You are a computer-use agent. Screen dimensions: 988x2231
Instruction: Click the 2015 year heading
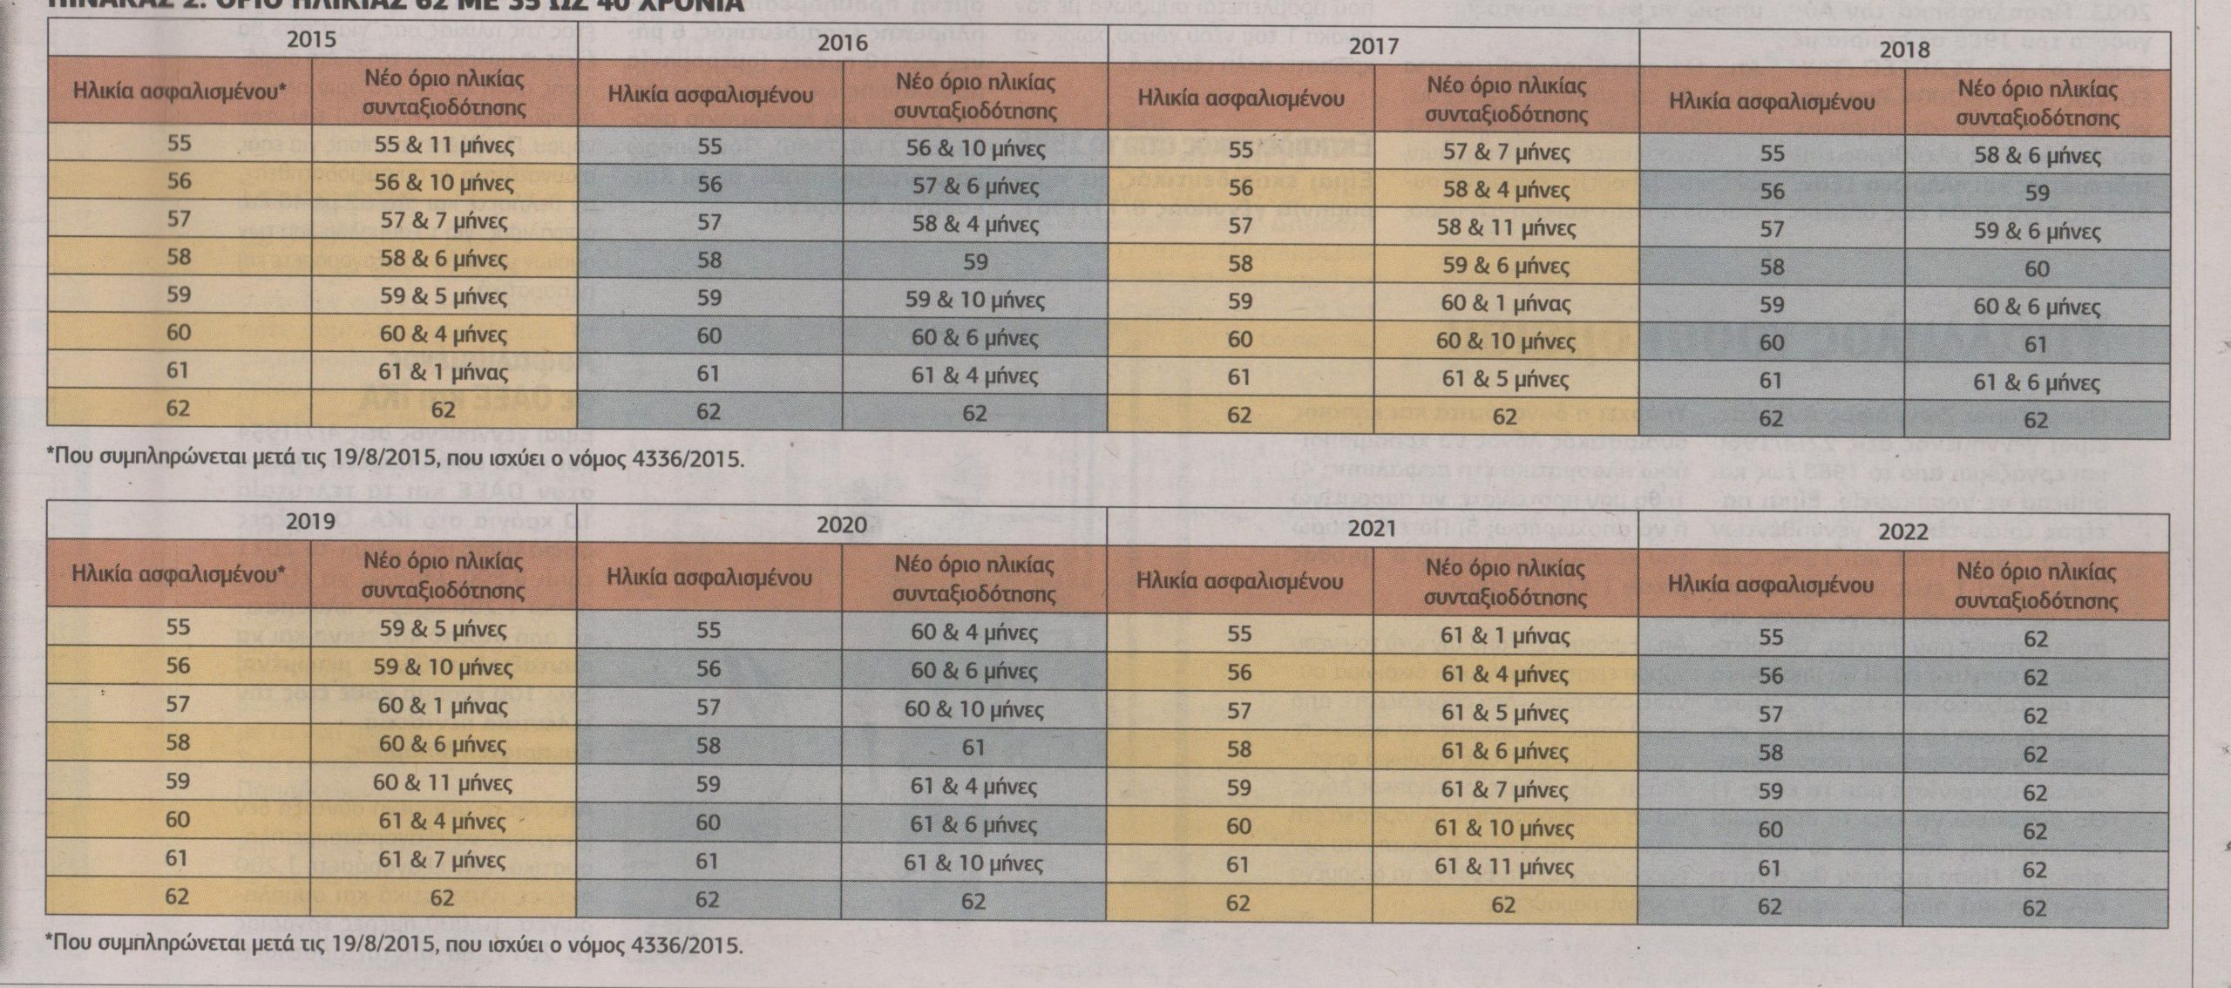311,40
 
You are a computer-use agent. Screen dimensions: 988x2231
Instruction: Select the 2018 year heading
1904,49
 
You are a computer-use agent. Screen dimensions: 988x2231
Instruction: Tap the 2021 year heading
1372,528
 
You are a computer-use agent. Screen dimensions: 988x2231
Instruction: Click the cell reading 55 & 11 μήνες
444,145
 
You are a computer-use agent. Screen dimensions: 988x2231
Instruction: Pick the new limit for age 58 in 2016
975,261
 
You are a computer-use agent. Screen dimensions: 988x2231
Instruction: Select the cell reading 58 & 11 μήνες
1505,227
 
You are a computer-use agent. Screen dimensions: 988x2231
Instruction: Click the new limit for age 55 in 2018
2036,155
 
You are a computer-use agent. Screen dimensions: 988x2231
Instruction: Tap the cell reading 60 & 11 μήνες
442,782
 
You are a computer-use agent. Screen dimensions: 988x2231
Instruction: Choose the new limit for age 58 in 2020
973,747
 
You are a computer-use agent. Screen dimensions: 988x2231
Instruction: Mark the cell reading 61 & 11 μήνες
1504,866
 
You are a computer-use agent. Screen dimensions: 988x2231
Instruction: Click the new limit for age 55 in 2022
2035,639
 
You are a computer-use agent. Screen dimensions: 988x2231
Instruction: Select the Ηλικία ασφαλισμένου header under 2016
709,94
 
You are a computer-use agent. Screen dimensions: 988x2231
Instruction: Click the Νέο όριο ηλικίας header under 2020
974,579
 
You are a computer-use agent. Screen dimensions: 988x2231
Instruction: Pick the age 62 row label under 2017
1239,415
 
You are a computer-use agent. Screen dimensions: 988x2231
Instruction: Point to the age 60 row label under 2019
178,819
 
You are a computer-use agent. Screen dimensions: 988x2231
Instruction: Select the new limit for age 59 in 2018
2036,307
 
